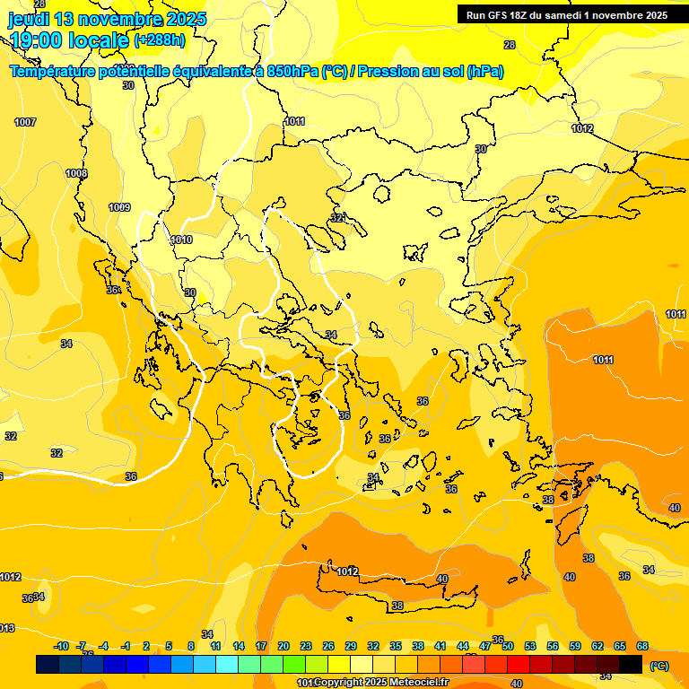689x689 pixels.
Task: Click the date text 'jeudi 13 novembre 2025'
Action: click(107, 19)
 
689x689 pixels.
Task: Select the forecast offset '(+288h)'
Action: click(161, 40)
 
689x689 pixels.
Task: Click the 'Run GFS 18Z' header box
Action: click(566, 15)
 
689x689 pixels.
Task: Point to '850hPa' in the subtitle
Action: click(292, 72)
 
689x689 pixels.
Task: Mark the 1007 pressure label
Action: click(25, 122)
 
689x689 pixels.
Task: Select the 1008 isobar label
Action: click(76, 173)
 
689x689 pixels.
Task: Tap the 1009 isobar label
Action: click(119, 207)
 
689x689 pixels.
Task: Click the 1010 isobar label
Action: click(181, 240)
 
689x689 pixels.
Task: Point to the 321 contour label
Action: click(338, 218)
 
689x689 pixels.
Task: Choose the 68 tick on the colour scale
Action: click(642, 646)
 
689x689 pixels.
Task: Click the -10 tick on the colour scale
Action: click(61, 646)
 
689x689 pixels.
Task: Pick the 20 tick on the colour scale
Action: click(283, 646)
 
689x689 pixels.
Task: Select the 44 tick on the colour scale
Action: click(463, 646)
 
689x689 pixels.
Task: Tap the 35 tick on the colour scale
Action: click(396, 646)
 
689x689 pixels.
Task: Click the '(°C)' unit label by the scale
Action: click(658, 665)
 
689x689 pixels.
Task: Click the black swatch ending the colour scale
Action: click(631, 664)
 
